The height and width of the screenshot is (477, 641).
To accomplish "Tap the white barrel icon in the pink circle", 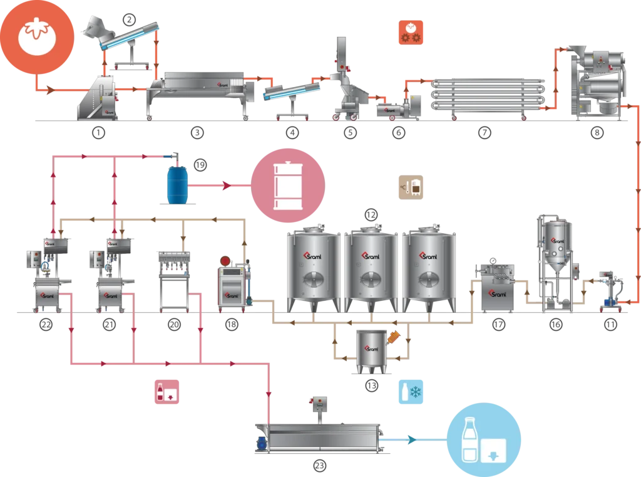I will point(289,186).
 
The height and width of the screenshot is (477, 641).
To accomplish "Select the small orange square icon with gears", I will point(411,32).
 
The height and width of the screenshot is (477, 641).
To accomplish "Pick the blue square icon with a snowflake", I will point(412,391).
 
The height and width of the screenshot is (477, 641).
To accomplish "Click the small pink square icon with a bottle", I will point(170,392).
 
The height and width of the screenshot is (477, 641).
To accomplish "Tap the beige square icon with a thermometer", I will point(413,187).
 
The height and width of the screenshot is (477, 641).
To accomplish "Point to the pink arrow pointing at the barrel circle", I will point(227,186).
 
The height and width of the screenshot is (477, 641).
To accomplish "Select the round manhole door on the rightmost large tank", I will point(429,279).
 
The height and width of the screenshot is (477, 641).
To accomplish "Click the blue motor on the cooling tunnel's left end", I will point(260,443).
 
